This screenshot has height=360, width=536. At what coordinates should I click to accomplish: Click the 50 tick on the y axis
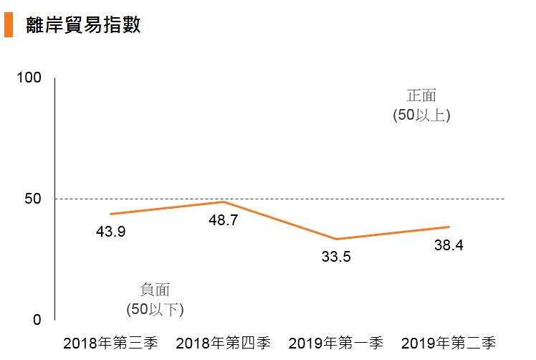tap(32, 199)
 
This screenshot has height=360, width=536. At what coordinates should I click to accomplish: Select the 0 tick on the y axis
tap(37, 320)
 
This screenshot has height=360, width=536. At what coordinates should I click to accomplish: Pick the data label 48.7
tap(223, 220)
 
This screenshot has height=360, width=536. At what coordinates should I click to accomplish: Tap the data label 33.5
tap(335, 256)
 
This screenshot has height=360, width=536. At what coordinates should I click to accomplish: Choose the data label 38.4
tap(449, 245)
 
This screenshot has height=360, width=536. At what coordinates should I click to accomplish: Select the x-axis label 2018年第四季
tap(223, 342)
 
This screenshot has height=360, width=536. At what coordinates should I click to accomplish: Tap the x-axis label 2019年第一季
tap(335, 342)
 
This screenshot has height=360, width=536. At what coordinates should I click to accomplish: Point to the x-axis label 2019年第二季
tap(449, 342)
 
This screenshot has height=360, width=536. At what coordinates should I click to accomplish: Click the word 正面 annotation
tap(421, 95)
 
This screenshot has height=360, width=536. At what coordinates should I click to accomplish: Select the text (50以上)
tap(421, 115)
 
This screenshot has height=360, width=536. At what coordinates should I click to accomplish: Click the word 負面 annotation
tap(155, 290)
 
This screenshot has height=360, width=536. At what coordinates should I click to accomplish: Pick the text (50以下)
tap(155, 309)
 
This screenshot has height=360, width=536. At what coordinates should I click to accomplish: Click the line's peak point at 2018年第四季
tap(224, 202)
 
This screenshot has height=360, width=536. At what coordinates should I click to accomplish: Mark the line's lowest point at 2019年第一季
tap(336, 239)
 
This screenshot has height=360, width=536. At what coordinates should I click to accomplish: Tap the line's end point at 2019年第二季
tap(449, 227)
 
